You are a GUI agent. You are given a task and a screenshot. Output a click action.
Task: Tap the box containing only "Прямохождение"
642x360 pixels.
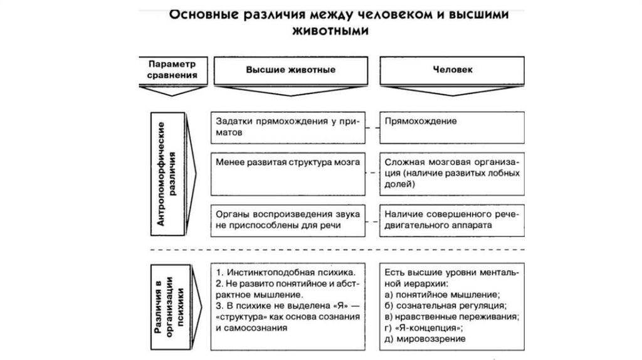(x=451, y=127)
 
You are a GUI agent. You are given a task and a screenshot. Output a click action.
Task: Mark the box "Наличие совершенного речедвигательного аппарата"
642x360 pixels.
(x=451, y=219)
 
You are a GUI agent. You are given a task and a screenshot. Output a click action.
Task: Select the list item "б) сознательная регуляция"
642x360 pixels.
(x=445, y=305)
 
